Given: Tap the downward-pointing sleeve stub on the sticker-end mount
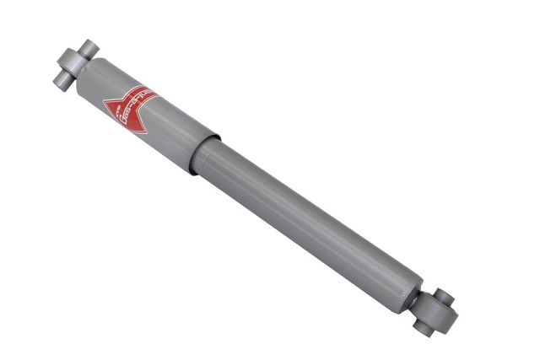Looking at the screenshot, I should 60,81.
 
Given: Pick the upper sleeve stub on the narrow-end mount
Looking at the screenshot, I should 444,298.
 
